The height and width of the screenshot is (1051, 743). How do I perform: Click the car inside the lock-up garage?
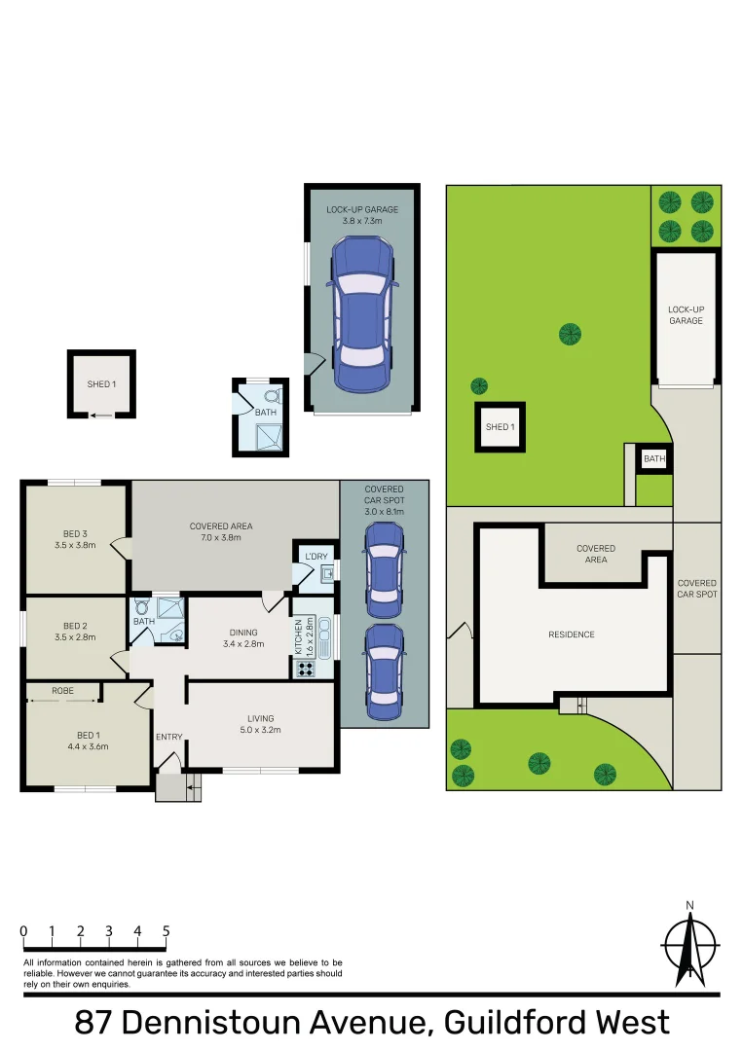363,314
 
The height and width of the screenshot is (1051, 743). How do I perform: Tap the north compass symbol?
690,947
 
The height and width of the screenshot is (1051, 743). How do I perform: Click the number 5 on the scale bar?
167,931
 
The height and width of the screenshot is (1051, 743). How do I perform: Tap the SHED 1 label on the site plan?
500,427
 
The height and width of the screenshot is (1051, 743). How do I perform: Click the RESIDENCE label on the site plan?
571,634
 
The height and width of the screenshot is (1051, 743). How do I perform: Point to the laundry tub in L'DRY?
327,575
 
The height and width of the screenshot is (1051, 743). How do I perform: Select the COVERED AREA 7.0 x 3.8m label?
221,532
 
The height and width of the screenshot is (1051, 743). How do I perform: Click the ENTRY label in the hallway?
168,737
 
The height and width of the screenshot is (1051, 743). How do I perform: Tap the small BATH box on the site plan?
654,459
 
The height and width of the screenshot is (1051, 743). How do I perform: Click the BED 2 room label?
75,632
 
